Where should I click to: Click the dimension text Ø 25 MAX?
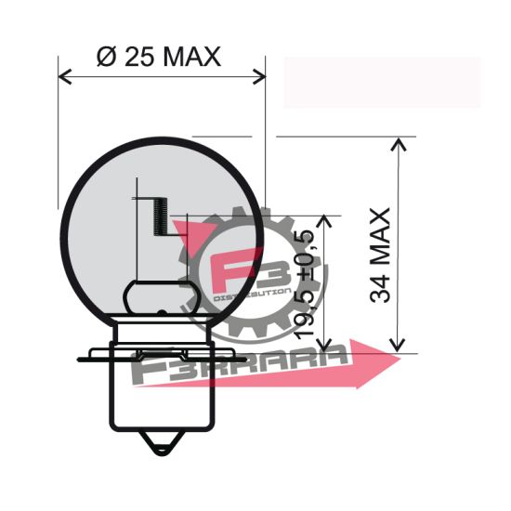[159, 57]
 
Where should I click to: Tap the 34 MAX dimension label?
[380, 255]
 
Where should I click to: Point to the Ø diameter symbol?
[105, 57]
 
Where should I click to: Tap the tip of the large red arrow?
[402, 357]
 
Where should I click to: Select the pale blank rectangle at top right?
[381, 82]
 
